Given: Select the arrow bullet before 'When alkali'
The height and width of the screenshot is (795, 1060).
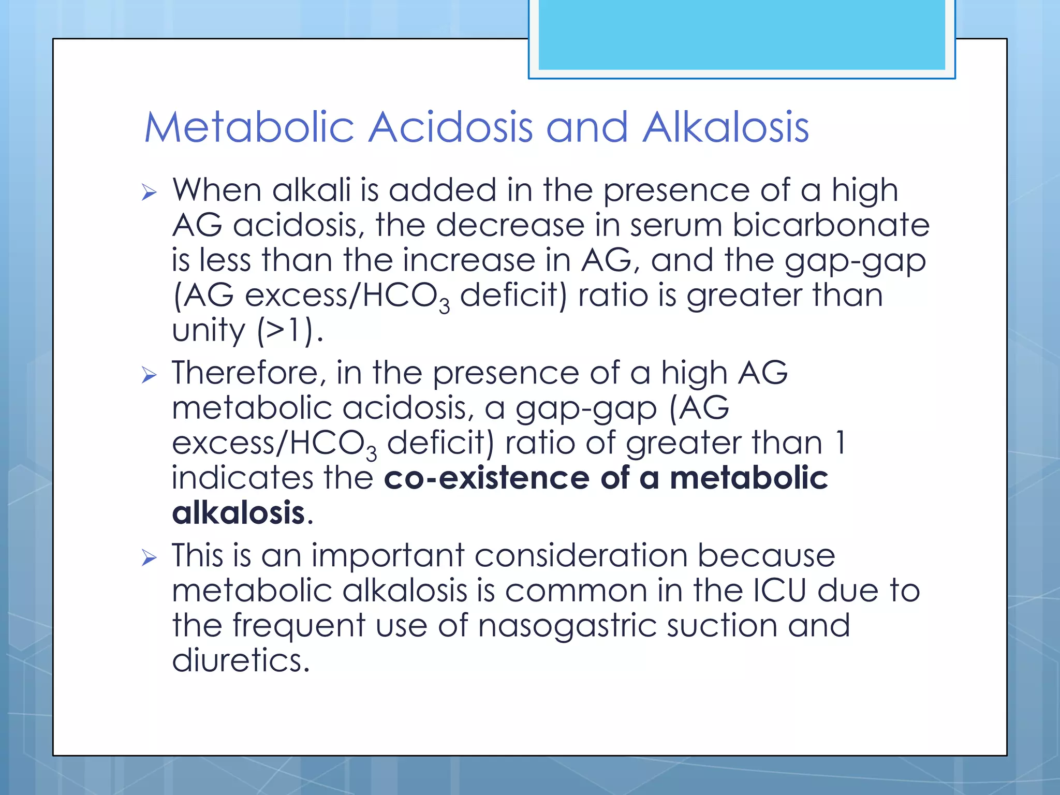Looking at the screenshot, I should click(149, 193).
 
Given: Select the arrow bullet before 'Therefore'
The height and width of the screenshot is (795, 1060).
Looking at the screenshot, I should click(149, 376).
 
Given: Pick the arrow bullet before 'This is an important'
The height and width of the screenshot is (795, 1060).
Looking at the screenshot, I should click(149, 558).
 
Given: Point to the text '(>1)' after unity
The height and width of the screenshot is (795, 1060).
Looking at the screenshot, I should click(290, 330).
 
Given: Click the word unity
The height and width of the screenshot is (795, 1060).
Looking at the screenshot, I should click(209, 331).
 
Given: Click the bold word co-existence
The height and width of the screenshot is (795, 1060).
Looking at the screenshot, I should click(486, 478).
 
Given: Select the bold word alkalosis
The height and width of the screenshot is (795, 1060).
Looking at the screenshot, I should click(239, 512).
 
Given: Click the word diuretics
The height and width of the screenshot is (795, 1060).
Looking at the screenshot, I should click(241, 661).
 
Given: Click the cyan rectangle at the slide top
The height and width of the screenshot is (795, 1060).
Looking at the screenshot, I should click(741, 35).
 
